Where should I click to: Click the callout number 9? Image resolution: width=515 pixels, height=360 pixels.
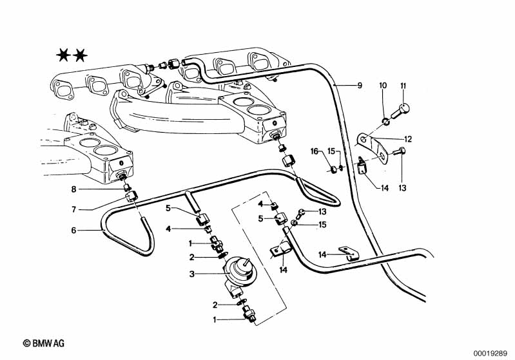pyautogui.click(x=360, y=85)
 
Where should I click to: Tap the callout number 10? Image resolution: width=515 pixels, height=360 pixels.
pyautogui.click(x=382, y=86)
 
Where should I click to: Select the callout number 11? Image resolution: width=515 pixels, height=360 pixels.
pyautogui.click(x=403, y=86)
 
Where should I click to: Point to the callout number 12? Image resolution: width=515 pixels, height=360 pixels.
pyautogui.click(x=408, y=138)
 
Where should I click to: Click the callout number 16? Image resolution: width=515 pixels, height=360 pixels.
pyautogui.click(x=315, y=151)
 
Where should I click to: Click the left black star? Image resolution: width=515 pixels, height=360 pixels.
pyautogui.click(x=63, y=55)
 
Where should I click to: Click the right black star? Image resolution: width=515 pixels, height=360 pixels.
pyautogui.click(x=80, y=55)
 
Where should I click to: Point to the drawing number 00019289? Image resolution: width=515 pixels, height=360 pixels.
pyautogui.click(x=492, y=352)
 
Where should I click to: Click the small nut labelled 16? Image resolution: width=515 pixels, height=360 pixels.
pyautogui.click(x=333, y=169)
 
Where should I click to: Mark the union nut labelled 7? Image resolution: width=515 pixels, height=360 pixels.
pyautogui.click(x=132, y=196)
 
